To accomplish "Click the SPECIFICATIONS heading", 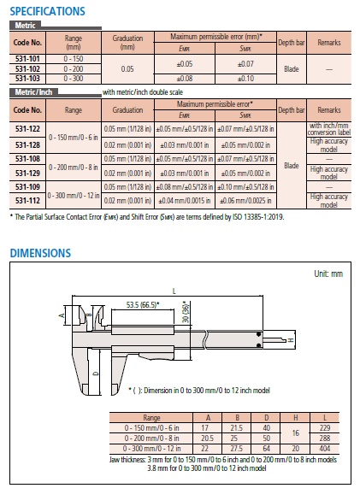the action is (x=48, y=11).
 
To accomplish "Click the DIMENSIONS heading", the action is (x=40, y=253).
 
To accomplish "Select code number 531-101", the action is (x=27, y=59).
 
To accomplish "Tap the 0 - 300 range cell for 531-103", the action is (x=74, y=79).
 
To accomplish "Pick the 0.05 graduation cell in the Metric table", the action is (x=127, y=69).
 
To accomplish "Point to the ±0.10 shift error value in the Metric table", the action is (x=245, y=79).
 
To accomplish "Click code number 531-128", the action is (x=27, y=145).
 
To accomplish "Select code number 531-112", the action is (x=27, y=201).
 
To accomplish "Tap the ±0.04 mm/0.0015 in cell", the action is (x=185, y=201).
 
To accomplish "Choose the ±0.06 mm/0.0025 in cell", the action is (x=245, y=201).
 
